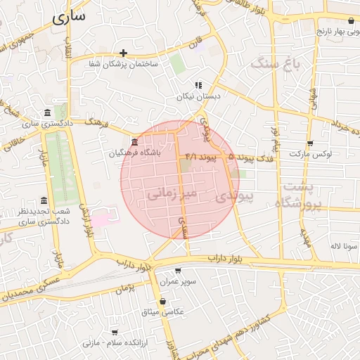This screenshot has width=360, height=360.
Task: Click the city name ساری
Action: point(69,17)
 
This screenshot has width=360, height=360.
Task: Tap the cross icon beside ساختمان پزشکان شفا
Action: point(123,53)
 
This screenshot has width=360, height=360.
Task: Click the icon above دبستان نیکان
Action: point(198,85)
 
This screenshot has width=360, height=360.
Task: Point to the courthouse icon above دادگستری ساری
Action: point(47,113)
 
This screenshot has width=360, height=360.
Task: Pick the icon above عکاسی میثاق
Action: point(163,301)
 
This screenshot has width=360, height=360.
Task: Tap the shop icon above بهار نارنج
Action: point(351,22)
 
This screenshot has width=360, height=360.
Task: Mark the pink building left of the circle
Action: point(101,217)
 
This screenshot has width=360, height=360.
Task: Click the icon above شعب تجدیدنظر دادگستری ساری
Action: point(44,201)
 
